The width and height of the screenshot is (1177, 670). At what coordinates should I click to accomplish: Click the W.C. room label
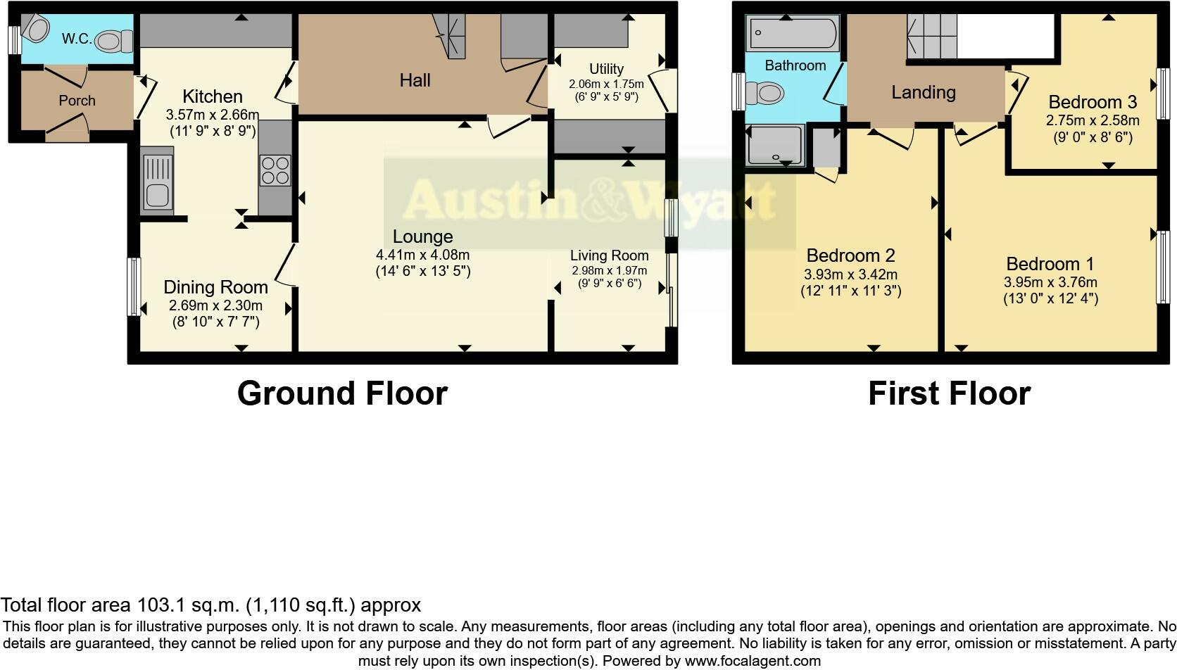coord(77,39)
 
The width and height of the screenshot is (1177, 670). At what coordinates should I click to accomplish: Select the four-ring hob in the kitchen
coord(275,170)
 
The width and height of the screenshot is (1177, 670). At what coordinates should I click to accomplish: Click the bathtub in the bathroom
coord(793,34)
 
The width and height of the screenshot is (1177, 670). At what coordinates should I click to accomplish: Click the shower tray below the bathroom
coord(776,144)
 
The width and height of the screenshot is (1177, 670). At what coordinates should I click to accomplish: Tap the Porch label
coord(77,101)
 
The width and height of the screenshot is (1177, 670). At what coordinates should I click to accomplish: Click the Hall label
coord(415,80)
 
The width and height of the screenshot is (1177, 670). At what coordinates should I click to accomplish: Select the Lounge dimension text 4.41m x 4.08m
coord(423,255)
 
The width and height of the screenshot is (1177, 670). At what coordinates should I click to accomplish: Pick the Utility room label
coord(606,69)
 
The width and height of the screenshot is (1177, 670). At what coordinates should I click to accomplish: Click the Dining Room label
coord(216,287)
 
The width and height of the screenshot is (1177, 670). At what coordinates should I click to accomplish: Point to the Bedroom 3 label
coord(1093,101)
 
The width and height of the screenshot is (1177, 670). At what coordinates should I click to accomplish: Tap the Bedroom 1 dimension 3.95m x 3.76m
coord(1051,282)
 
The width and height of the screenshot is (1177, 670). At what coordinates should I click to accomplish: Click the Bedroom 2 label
coord(850,255)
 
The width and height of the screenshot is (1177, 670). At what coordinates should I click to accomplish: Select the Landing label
coord(924,92)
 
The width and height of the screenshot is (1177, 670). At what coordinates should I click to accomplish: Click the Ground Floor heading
coord(343,393)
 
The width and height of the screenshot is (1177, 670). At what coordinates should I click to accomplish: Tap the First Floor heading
coord(950,393)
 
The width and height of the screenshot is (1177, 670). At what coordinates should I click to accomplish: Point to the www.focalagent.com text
coord(753,661)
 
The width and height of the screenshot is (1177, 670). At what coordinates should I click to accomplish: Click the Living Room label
coord(610,255)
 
